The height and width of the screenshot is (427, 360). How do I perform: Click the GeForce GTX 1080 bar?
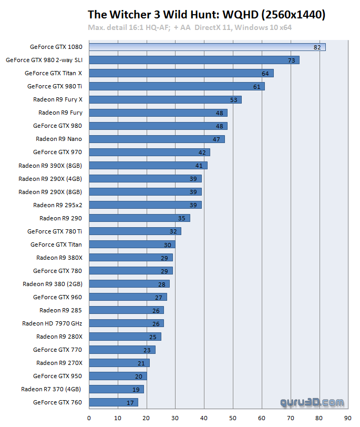coord(207,47)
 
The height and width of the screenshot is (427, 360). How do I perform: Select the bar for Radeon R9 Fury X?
coord(165,99)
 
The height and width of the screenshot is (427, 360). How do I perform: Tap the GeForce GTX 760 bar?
coord(114,402)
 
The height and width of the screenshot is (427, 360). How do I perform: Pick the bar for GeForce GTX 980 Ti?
coord(177,86)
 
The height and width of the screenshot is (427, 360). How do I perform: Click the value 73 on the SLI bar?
coord(291,60)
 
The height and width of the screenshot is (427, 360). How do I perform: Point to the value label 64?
coord(265,74)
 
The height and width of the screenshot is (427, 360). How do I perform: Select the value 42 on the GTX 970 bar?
coord(202,152)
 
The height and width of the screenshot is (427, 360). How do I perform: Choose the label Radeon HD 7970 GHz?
coord(52,323)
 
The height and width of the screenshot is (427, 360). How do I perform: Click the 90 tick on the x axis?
coord(347,419)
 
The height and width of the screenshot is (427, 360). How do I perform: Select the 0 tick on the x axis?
coord(89,419)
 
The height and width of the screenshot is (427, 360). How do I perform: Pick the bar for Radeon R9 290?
coord(139,218)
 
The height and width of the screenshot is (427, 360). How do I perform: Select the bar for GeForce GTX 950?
coord(118,376)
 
